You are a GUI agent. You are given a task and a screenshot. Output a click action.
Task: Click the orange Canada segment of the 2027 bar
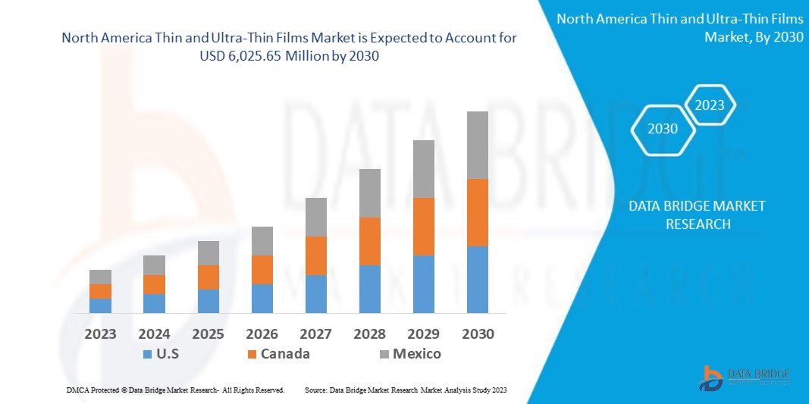(x=315, y=255)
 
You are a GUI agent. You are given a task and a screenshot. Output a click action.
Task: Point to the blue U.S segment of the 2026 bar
(x=262, y=298)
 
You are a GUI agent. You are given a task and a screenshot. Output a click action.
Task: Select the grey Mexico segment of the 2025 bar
(x=208, y=253)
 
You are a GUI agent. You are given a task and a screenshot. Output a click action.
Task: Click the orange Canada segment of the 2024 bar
(x=154, y=284)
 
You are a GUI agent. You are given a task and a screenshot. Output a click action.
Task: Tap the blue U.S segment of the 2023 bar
(x=100, y=305)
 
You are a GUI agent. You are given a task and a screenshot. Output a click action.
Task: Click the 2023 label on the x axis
(x=100, y=334)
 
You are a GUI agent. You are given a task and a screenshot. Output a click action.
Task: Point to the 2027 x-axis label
(x=315, y=334)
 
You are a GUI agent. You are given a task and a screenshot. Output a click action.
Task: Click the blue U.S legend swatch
(x=146, y=354)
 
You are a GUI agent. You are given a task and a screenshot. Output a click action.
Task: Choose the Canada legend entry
(x=284, y=354)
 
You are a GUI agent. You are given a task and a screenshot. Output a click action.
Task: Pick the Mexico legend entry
(x=415, y=354)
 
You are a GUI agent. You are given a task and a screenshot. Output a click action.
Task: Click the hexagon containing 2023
(x=710, y=105)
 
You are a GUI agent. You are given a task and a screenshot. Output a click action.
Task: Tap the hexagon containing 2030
(x=662, y=129)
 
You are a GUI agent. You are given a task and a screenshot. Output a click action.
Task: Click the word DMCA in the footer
(x=79, y=390)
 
